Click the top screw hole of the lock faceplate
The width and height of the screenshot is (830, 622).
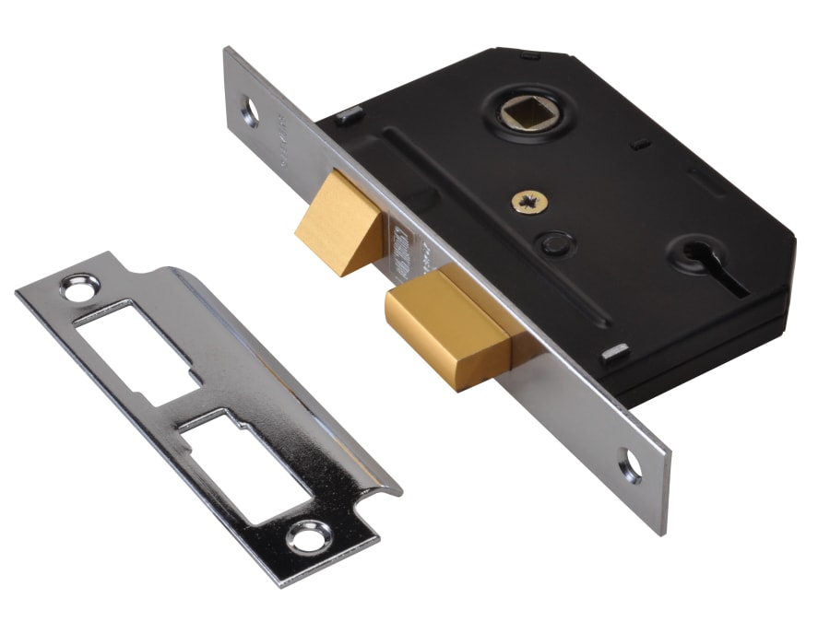[x=250, y=111]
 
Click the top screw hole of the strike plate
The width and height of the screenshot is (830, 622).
[x=75, y=287]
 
